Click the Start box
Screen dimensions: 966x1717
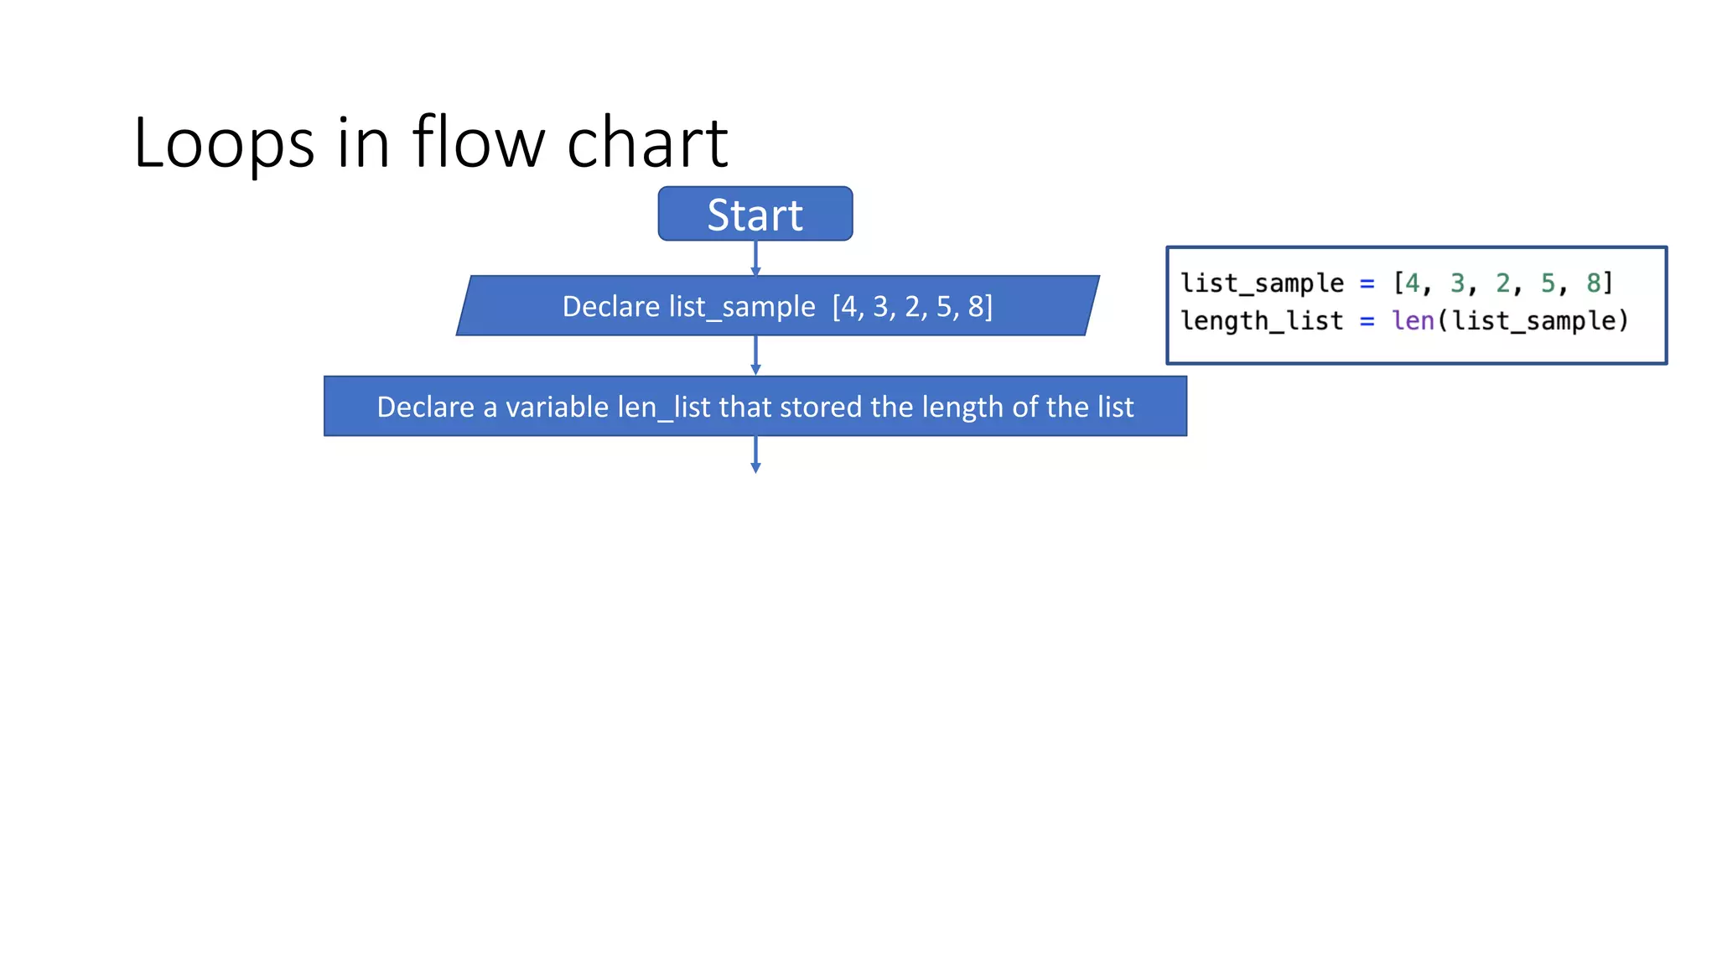(755, 215)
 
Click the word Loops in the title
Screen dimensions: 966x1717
(223, 143)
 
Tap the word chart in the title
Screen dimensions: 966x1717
(647, 143)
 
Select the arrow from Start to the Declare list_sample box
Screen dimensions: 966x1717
(755, 258)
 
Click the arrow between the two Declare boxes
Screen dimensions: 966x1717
(755, 356)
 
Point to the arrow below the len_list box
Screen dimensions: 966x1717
(755, 454)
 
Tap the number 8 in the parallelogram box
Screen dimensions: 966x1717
(976, 307)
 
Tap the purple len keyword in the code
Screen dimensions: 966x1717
(1413, 321)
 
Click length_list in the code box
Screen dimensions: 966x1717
(1262, 321)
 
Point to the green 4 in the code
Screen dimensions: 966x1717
(1413, 283)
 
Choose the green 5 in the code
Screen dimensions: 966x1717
(1548, 283)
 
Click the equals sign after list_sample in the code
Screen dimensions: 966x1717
(1367, 284)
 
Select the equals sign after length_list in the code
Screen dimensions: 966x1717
(1367, 322)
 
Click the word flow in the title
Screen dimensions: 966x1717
(478, 143)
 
